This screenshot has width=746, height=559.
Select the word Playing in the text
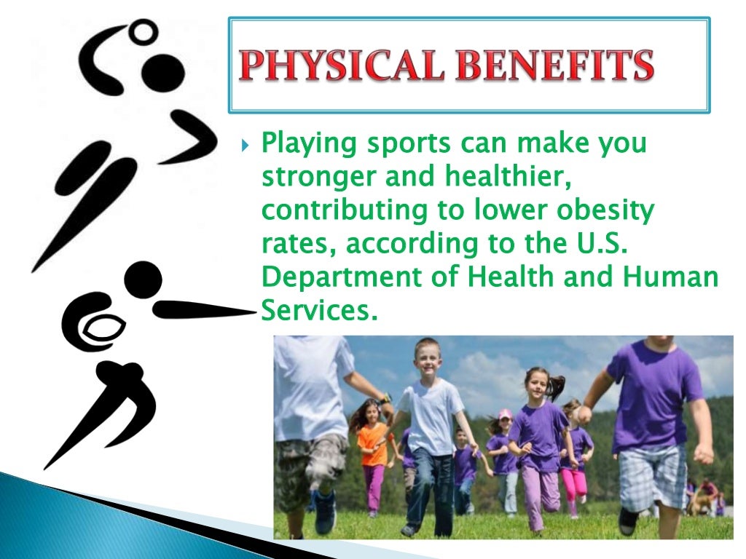304,143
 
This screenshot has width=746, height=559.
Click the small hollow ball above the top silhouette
146,30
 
